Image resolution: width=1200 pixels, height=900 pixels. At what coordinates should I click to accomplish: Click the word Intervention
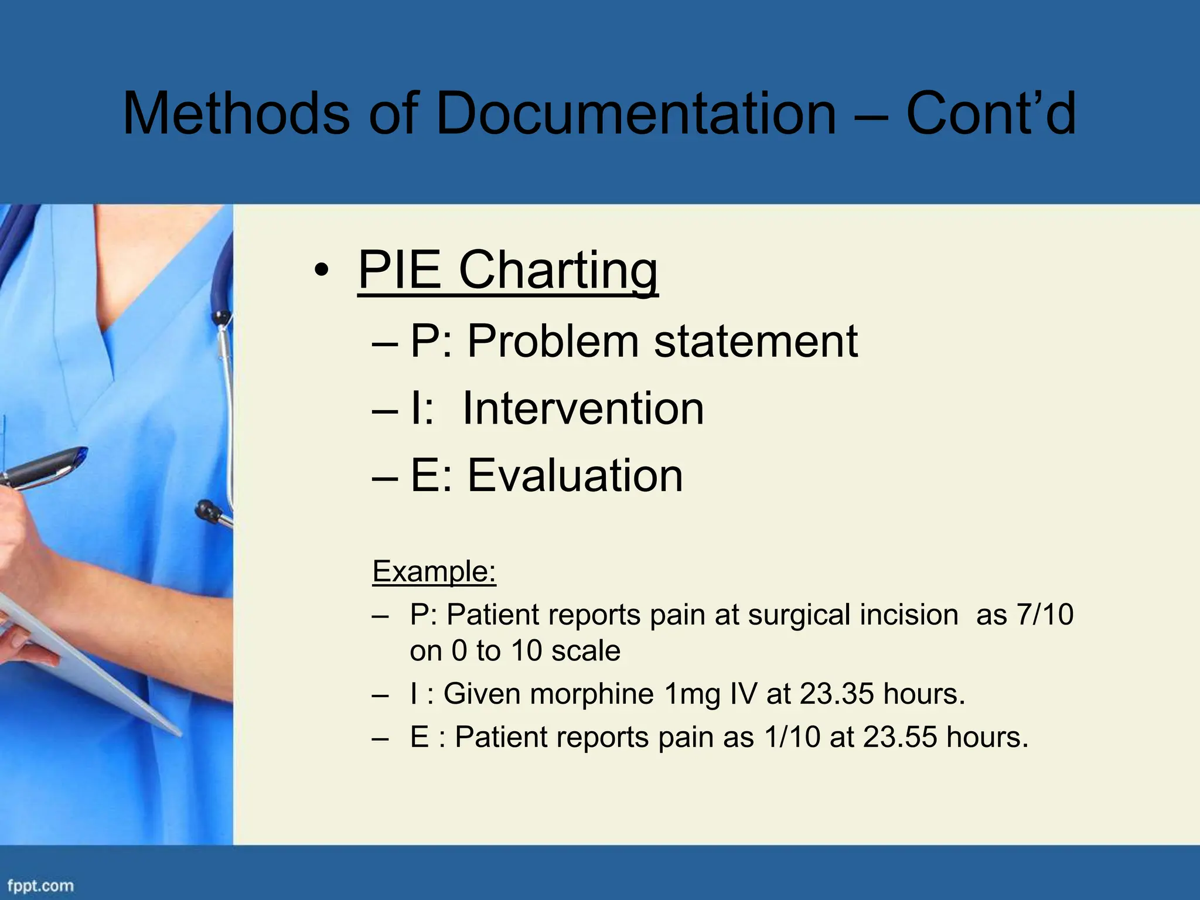[583, 408]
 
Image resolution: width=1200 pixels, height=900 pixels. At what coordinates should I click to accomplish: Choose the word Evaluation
[575, 475]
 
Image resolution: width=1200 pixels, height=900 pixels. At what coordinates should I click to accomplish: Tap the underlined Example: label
[434, 571]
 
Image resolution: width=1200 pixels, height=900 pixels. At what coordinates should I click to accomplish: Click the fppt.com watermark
[40, 885]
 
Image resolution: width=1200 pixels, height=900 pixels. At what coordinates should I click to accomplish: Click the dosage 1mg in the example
[692, 694]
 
